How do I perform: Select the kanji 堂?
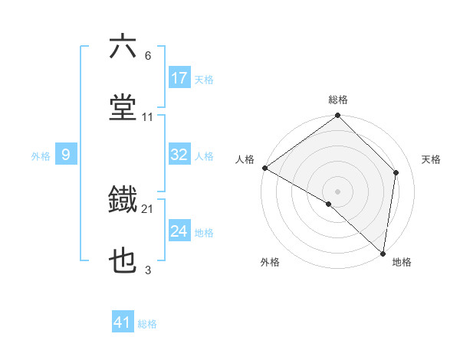pos(123,106)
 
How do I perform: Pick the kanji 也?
pos(123,261)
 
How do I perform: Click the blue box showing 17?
pos(179,78)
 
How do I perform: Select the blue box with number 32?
pos(179,155)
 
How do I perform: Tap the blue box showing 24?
pos(179,231)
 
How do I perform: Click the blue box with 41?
pos(123,322)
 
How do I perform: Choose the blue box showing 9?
pos(66,155)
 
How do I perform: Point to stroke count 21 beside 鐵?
pos(148,208)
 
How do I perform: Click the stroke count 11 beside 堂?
pos(148,117)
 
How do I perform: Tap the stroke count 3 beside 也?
pos(148,270)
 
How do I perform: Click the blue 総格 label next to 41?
pos(147,324)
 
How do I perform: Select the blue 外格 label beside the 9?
pos(41,155)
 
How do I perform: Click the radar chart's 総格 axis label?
pos(338,100)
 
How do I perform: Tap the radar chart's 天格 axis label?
pos(432,159)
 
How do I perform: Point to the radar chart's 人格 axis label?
pos(245,159)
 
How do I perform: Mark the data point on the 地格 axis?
pos(383,254)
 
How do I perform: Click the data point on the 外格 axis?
pos(329,204)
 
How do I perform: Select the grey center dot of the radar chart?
pos(338,191)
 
